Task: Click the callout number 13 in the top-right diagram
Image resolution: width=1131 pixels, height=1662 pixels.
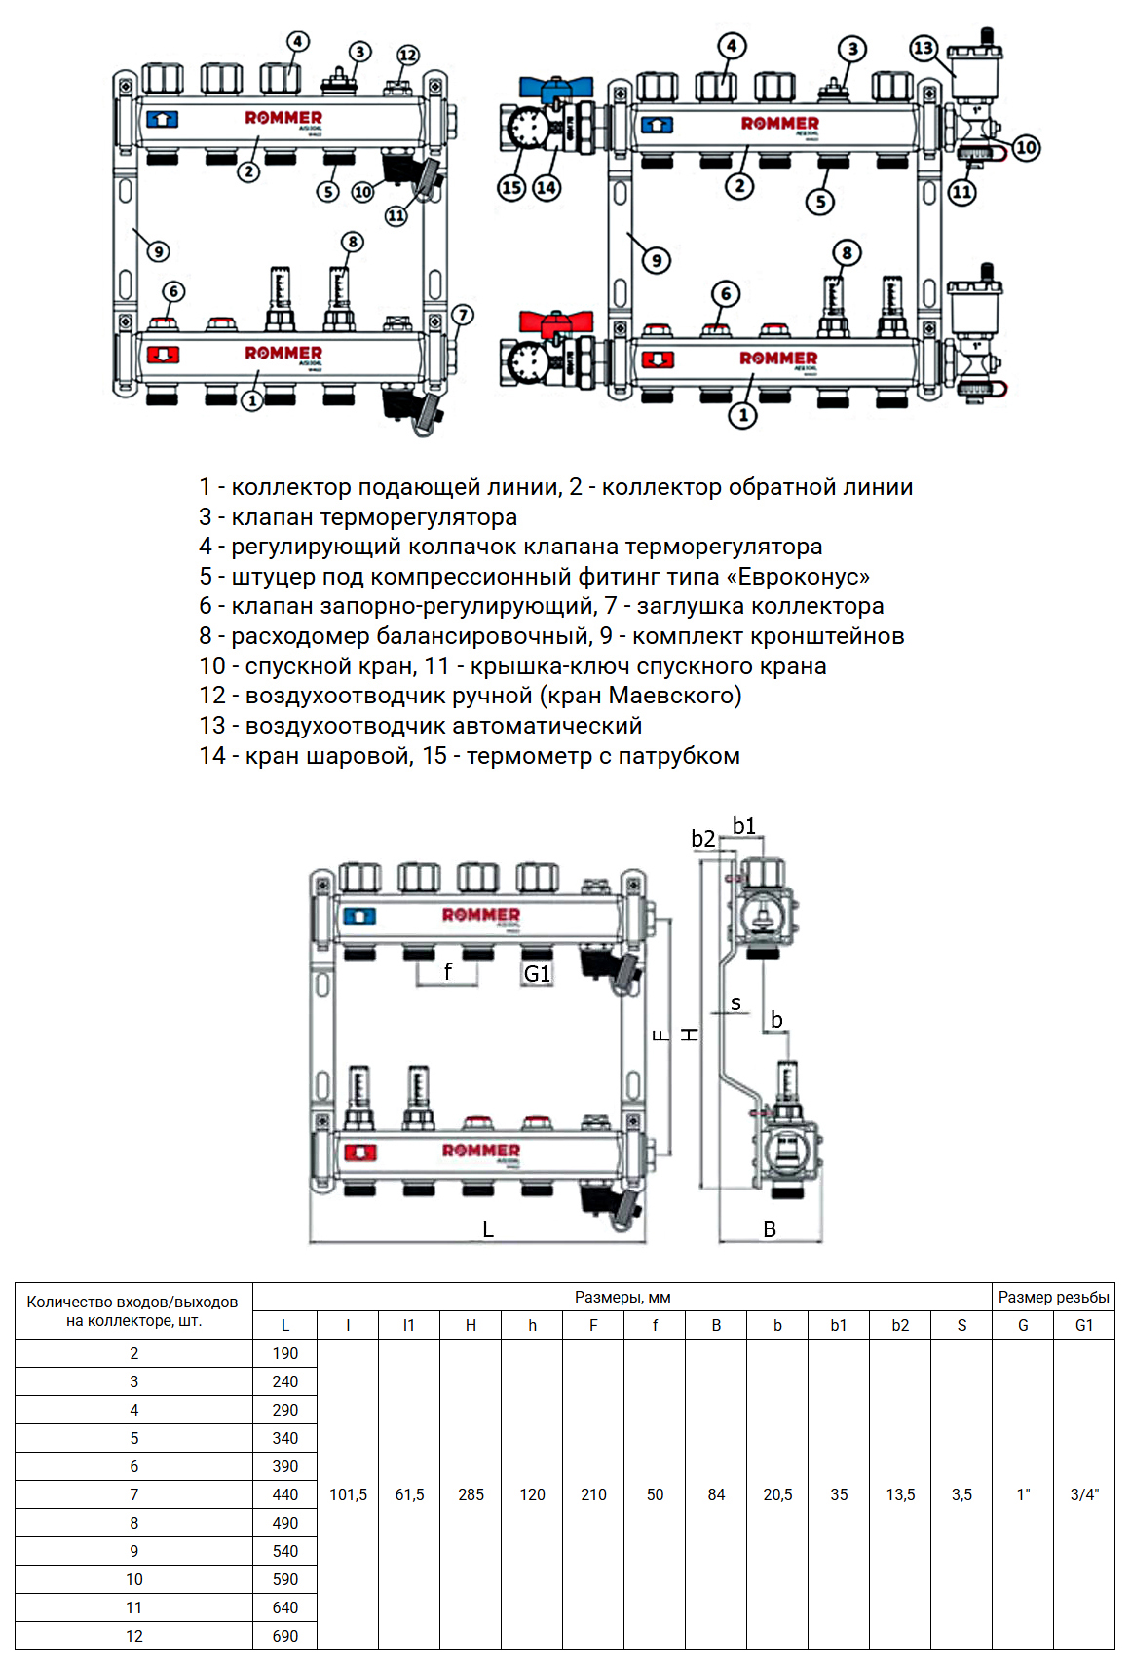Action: (923, 48)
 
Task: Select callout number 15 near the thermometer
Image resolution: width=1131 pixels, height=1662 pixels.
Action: (512, 187)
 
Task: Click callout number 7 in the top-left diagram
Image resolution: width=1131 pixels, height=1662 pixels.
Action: (463, 315)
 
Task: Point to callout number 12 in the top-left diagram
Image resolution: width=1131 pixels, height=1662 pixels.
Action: (408, 56)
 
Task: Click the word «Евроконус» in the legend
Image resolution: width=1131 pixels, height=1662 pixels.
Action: (804, 577)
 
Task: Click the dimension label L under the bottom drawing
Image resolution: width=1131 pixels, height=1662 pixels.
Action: (488, 1229)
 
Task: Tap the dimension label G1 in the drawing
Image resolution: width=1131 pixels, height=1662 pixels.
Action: (537, 973)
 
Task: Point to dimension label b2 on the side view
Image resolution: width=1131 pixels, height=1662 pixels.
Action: (702, 839)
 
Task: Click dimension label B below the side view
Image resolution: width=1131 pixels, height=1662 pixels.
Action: (770, 1229)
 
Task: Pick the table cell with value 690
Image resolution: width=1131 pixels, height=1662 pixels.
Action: (285, 1636)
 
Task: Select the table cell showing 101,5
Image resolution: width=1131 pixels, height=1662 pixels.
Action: (348, 1494)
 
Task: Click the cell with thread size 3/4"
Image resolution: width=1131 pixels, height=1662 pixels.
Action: (1084, 1494)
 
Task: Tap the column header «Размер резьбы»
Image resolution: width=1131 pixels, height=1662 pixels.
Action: (1053, 1297)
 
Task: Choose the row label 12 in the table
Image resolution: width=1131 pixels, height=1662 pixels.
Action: (134, 1636)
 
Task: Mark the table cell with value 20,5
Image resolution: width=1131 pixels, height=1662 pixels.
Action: (777, 1494)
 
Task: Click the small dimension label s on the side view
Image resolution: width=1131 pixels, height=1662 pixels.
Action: (735, 1003)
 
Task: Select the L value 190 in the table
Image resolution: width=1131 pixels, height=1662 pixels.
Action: (285, 1353)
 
